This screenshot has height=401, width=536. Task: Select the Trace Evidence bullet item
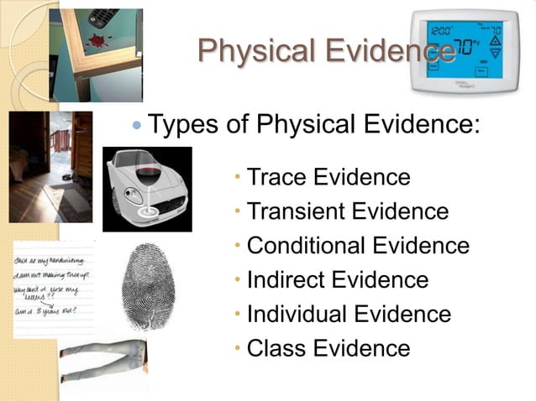click(328, 177)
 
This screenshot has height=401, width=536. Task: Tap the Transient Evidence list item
click(347, 211)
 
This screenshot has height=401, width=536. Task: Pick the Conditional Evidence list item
click(358, 246)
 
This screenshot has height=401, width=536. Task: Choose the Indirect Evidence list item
click(338, 280)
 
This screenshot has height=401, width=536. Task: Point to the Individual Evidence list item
click(349, 315)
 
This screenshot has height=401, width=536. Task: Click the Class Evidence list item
click(328, 348)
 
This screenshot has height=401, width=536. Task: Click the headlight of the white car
click(130, 193)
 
